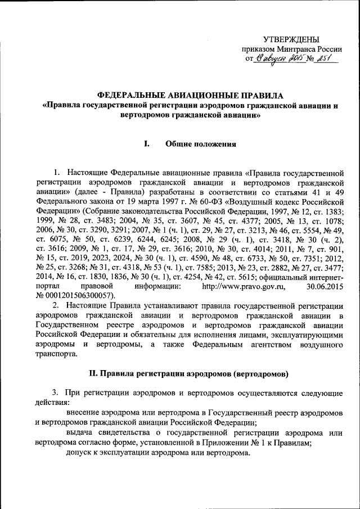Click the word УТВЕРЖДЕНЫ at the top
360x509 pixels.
tap(291, 39)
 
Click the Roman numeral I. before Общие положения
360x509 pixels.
tap(146, 144)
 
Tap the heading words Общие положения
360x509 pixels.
tap(200, 144)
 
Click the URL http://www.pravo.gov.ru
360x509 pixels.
tap(244, 287)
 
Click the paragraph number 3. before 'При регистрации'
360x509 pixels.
tap(55, 392)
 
